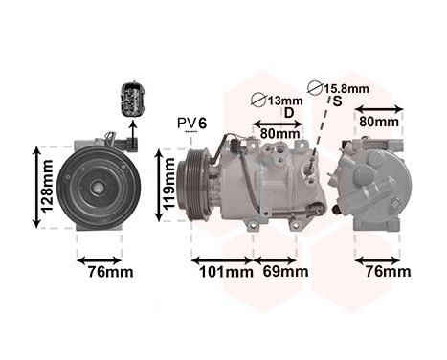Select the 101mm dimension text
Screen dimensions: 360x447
tap(222, 272)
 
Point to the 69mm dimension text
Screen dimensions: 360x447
tap(285, 272)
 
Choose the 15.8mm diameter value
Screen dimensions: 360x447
tap(347, 89)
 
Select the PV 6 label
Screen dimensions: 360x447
tap(192, 123)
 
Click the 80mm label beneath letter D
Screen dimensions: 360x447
tap(279, 133)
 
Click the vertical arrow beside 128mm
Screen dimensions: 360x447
tap(37, 186)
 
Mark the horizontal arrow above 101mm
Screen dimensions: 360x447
tap(222, 259)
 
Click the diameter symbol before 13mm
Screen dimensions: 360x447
tap(257, 101)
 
